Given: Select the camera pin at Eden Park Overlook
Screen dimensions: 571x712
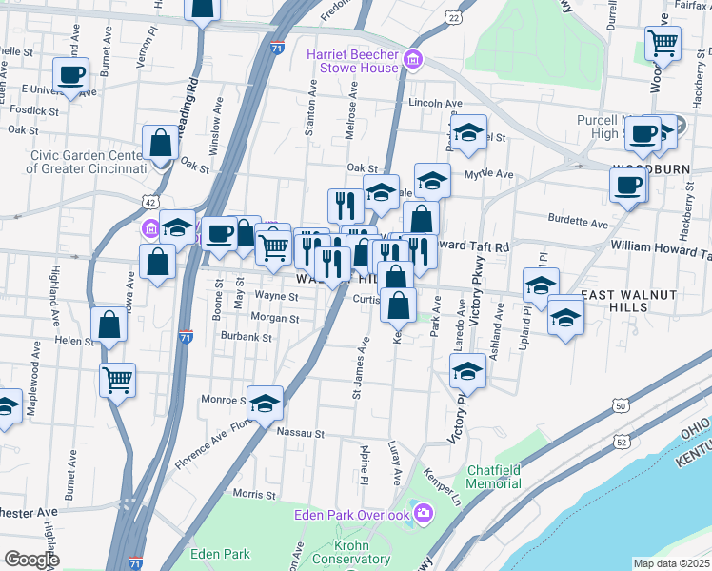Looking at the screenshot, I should pyautogui.click(x=423, y=515).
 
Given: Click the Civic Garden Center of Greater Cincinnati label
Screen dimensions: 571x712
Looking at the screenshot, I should pyautogui.click(x=86, y=162).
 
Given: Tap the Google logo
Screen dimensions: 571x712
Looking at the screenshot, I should pyautogui.click(x=31, y=560).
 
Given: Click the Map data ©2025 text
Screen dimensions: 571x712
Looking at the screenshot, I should pyautogui.click(x=671, y=563).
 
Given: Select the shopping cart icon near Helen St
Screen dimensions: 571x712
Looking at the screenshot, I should pyautogui.click(x=117, y=380).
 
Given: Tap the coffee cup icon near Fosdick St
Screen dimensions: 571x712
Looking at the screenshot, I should pyautogui.click(x=71, y=74).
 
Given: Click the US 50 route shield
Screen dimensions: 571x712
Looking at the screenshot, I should pyautogui.click(x=621, y=407).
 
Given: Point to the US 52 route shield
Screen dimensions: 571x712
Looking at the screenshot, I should pyautogui.click(x=622, y=442).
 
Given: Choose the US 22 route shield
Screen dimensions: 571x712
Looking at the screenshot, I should pyautogui.click(x=454, y=17).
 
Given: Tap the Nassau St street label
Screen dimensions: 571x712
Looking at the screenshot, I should pyautogui.click(x=301, y=432).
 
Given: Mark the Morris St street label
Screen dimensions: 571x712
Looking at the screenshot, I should pyautogui.click(x=253, y=493).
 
